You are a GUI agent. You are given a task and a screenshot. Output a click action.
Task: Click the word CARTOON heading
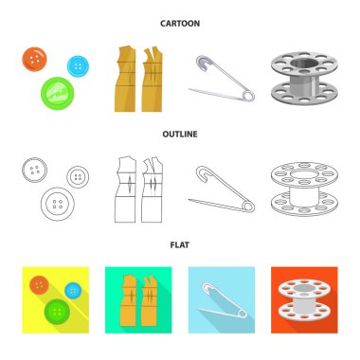(x=180, y=24)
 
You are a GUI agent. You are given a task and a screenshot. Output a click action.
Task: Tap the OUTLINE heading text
(x=180, y=135)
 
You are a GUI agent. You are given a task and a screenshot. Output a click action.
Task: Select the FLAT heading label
(x=180, y=245)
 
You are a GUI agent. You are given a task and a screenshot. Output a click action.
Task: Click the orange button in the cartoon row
(x=34, y=60)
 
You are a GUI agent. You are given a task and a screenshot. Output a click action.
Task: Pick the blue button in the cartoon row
(x=78, y=66)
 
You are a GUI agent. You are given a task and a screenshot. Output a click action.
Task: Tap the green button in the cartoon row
(x=58, y=93)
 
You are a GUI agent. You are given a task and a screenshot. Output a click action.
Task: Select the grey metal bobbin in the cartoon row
(x=304, y=79)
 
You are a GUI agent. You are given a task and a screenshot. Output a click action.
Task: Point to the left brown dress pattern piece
(x=125, y=79)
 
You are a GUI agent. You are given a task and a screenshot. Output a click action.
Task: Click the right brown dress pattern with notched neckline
(x=152, y=79)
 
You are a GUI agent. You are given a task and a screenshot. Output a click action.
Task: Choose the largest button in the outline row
(x=58, y=204)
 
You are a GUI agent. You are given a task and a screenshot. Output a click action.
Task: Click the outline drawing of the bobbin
(x=304, y=189)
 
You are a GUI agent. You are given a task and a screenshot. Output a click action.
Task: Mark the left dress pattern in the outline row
(x=125, y=189)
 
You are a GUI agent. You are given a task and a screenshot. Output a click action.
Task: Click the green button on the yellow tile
(x=57, y=313)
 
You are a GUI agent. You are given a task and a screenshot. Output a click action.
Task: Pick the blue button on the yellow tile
(x=73, y=291)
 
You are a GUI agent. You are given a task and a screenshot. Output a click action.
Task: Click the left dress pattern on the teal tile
(x=129, y=300)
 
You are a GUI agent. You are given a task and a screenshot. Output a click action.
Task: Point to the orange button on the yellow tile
(x=39, y=285)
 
